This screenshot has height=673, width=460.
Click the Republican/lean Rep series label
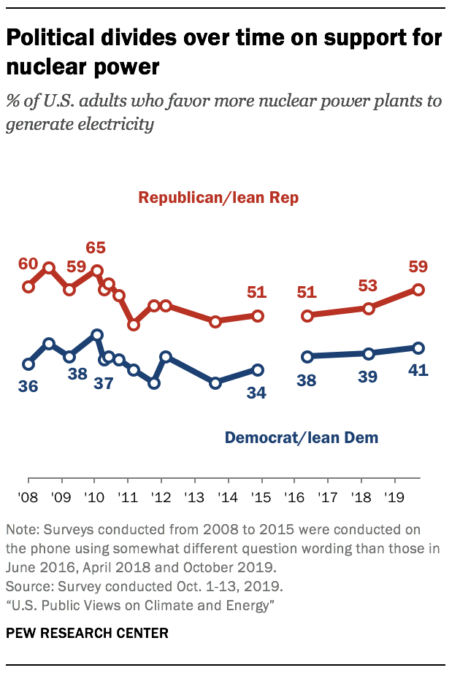point(218,198)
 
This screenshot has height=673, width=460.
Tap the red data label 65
point(96,247)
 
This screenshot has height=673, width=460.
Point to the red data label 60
point(28,264)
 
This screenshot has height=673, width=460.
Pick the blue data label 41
point(418,370)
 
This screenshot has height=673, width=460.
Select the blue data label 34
point(256,392)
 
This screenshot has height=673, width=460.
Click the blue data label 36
point(28,386)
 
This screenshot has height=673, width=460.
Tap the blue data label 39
point(368,377)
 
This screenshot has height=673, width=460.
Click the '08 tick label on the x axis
point(28,497)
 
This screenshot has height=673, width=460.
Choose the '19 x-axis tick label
point(395,497)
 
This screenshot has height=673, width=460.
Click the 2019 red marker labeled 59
point(418,290)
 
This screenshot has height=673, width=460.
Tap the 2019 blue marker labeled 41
point(418,347)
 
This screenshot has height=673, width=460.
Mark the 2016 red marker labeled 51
point(307,316)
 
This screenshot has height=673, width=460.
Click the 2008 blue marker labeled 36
point(28,364)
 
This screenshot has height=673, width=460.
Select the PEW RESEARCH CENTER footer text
point(87,632)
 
